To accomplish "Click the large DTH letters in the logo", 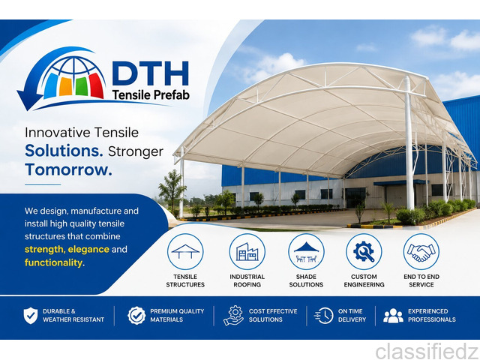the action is (x=150, y=73).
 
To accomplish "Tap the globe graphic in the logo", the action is (x=73, y=77).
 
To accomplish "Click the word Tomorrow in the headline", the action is (x=68, y=169).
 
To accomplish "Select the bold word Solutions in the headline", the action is (x=64, y=151).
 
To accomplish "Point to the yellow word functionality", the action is (x=54, y=262).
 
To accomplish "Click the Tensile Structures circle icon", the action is (x=185, y=252).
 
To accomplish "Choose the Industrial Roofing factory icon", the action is (x=247, y=252).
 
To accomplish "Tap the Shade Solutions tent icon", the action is (x=306, y=252).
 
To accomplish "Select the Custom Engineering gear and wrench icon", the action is (x=364, y=252).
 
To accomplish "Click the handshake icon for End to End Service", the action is (x=421, y=252).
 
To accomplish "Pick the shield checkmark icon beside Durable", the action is (x=31, y=316).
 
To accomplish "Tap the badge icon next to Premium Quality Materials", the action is (x=136, y=316).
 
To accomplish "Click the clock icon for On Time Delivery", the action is (x=324, y=316).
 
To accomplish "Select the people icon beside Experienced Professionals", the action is (x=393, y=316).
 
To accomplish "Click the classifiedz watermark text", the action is (x=427, y=351).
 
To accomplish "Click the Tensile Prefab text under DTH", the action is (x=151, y=95).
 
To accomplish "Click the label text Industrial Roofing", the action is (x=247, y=280).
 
